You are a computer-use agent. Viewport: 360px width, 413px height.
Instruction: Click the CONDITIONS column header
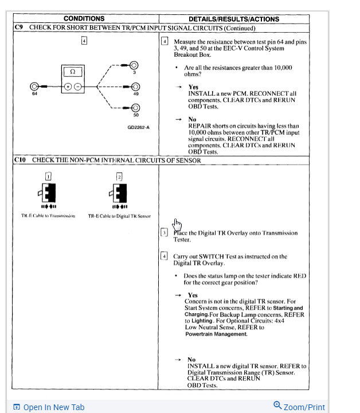click(84, 19)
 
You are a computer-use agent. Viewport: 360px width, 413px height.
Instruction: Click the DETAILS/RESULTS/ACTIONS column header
click(233, 19)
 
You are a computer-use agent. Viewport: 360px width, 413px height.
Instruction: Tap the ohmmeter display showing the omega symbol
click(72, 72)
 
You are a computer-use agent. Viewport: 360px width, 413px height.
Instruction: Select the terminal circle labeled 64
click(35, 87)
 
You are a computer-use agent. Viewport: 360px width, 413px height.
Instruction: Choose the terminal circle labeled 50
click(135, 108)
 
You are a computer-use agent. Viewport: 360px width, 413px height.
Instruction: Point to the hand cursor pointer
click(177, 223)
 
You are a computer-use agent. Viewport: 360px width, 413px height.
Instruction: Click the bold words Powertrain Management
click(216, 334)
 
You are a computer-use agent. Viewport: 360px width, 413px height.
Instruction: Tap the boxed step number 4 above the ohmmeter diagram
click(84, 41)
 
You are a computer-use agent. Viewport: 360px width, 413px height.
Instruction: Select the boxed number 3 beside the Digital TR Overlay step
click(165, 233)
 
